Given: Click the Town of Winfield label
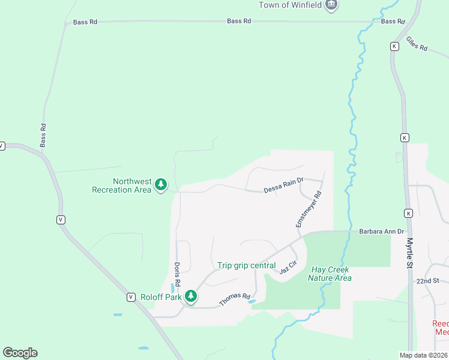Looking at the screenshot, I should (291, 5).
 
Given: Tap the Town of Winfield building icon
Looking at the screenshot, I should (331, 5).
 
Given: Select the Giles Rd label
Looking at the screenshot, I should (416, 44).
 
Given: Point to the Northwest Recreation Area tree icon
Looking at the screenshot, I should (160, 185).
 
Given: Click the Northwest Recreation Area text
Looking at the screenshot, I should (121, 185).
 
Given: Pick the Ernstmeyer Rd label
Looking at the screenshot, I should (309, 209).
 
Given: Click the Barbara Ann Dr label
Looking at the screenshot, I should (382, 231).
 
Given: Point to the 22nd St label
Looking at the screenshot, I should (428, 281).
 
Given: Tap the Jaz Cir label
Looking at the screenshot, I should (288, 268).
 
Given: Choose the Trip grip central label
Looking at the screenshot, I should (247, 265).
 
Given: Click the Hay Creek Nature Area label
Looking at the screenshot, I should (330, 274).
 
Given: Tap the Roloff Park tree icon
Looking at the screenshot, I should (191, 296).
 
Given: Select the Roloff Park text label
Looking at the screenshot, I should (160, 296).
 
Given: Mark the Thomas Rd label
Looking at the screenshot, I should (234, 299).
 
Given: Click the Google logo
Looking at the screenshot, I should (20, 353).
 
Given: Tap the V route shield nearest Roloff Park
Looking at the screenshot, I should (130, 297).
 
